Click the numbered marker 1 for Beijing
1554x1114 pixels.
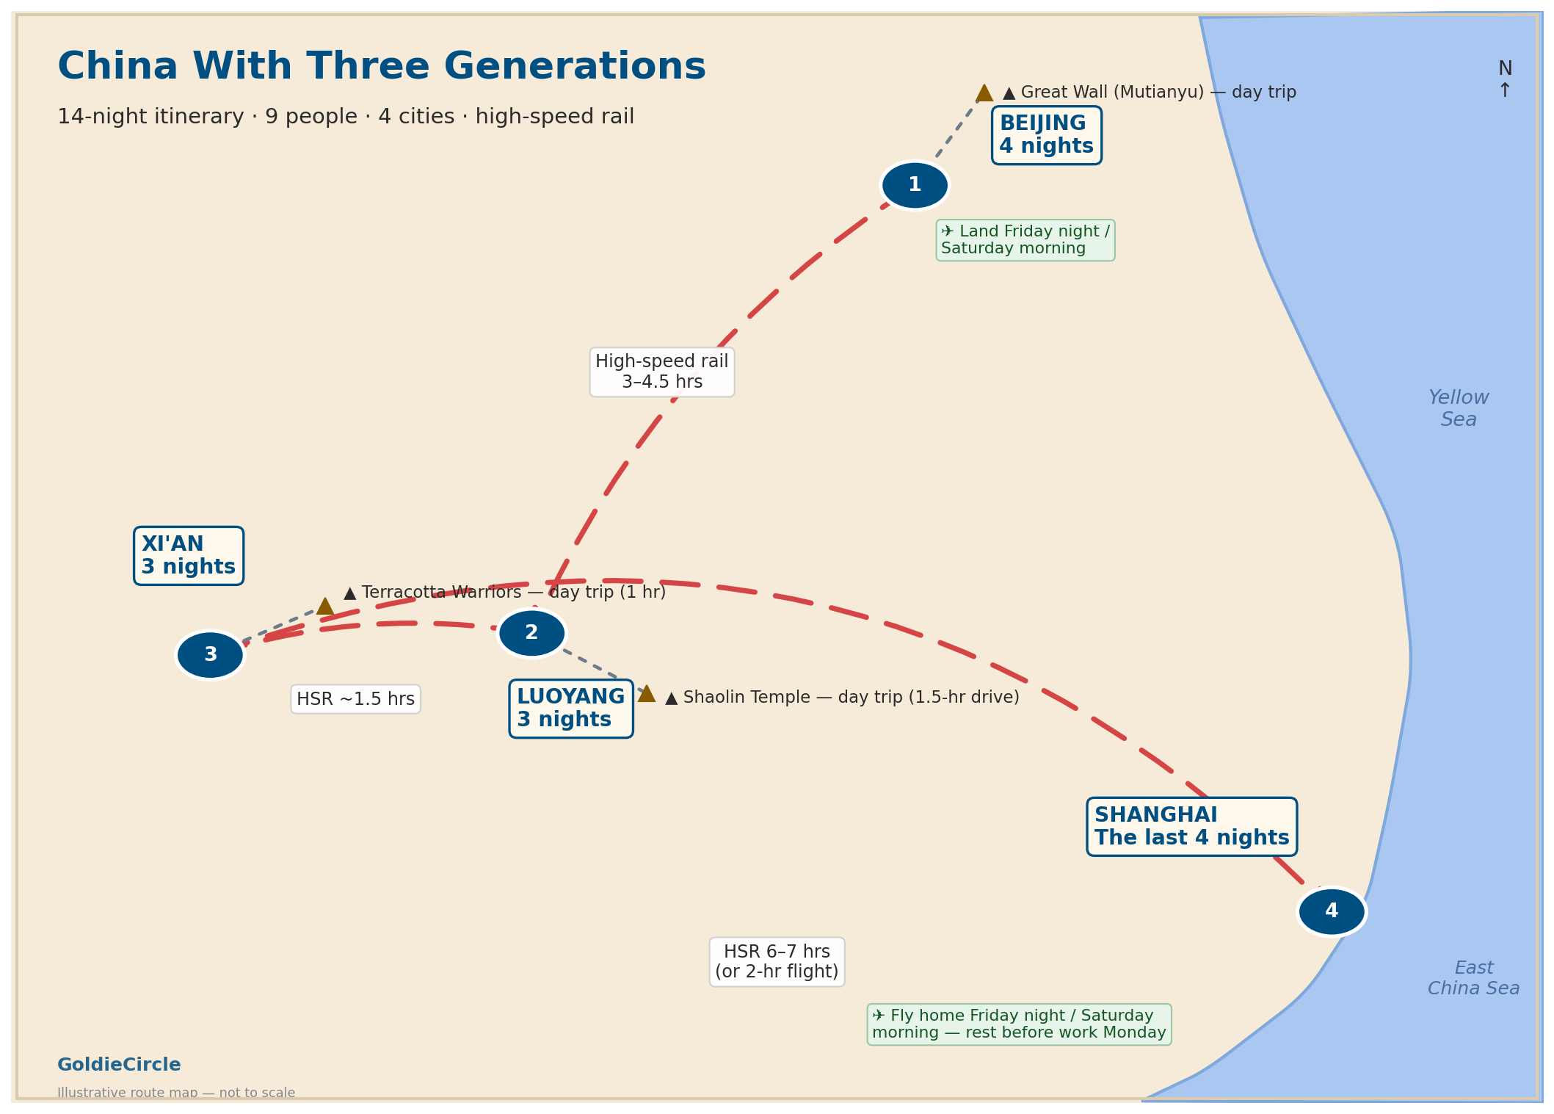point(915,185)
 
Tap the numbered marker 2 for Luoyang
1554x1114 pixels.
point(531,633)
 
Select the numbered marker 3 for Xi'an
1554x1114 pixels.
point(210,655)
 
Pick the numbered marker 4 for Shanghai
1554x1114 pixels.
point(1332,911)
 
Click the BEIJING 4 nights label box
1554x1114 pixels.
point(1047,135)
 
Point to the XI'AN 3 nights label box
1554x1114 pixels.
point(189,556)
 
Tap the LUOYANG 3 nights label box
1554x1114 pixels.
point(571,709)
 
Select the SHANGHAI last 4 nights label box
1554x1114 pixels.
point(1192,827)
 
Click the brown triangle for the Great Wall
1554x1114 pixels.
point(984,93)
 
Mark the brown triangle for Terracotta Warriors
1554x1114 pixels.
point(325,607)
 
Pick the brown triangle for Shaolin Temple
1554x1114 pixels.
point(647,694)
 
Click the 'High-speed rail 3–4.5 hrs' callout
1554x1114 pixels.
point(662,372)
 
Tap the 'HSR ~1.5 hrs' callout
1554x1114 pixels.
point(356,699)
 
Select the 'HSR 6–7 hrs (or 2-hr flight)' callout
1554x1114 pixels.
point(777,962)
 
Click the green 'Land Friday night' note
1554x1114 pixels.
point(1025,240)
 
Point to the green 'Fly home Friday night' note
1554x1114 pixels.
point(1020,1024)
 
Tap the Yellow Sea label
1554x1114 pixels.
point(1459,408)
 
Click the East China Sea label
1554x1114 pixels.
point(1473,978)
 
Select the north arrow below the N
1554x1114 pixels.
point(1505,91)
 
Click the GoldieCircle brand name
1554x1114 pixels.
point(119,1065)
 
